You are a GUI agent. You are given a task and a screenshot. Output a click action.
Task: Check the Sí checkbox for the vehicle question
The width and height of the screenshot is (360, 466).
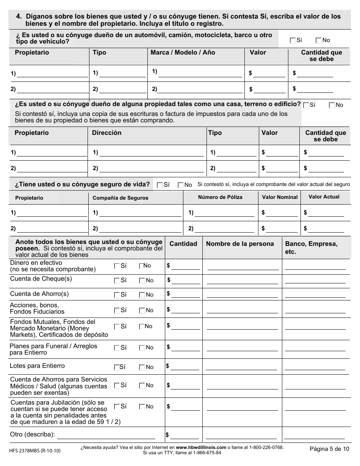click(293, 41)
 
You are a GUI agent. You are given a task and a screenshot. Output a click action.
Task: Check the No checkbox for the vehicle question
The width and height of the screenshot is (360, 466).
click(318, 41)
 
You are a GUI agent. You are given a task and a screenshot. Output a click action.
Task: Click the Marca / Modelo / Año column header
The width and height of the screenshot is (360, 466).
click(183, 53)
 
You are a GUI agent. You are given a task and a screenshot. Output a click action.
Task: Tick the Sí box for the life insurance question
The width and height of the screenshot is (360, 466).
click(160, 185)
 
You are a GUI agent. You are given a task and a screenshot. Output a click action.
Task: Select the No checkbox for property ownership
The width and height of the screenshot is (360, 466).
click(332, 105)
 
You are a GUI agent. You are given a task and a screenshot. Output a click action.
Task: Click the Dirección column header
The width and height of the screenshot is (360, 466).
click(107, 133)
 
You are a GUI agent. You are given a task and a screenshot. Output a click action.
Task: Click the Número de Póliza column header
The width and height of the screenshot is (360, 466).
click(220, 197)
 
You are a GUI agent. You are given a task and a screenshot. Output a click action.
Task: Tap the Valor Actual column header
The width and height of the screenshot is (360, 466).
click(324, 197)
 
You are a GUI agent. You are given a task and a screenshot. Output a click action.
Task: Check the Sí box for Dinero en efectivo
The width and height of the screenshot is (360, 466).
click(117, 266)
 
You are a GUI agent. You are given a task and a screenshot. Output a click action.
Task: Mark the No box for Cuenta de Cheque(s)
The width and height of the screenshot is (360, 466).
click(142, 281)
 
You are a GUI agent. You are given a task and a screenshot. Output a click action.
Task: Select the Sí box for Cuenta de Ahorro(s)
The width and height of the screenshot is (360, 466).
click(117, 295)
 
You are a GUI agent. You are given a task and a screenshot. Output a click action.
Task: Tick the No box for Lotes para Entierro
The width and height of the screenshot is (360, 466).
click(142, 367)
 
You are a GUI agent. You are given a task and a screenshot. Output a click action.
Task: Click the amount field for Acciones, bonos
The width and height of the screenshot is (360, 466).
click(185, 310)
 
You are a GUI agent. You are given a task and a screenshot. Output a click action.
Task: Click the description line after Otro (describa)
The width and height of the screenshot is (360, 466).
click(106, 435)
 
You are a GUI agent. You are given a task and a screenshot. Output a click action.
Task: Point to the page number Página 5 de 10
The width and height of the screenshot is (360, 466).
click(329, 449)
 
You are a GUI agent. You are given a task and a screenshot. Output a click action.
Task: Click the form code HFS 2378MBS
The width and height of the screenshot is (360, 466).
click(34, 450)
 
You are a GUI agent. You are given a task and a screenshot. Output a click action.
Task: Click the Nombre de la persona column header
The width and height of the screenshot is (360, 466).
click(240, 244)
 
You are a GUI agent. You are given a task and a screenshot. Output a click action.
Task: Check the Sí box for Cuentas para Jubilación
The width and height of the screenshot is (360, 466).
click(117, 407)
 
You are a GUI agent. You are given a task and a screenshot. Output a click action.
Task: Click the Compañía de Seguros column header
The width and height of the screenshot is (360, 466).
click(121, 198)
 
